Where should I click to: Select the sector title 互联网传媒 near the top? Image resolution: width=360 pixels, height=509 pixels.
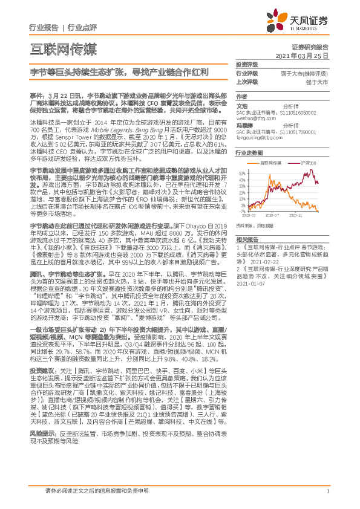pyautogui.click(x=62, y=48)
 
